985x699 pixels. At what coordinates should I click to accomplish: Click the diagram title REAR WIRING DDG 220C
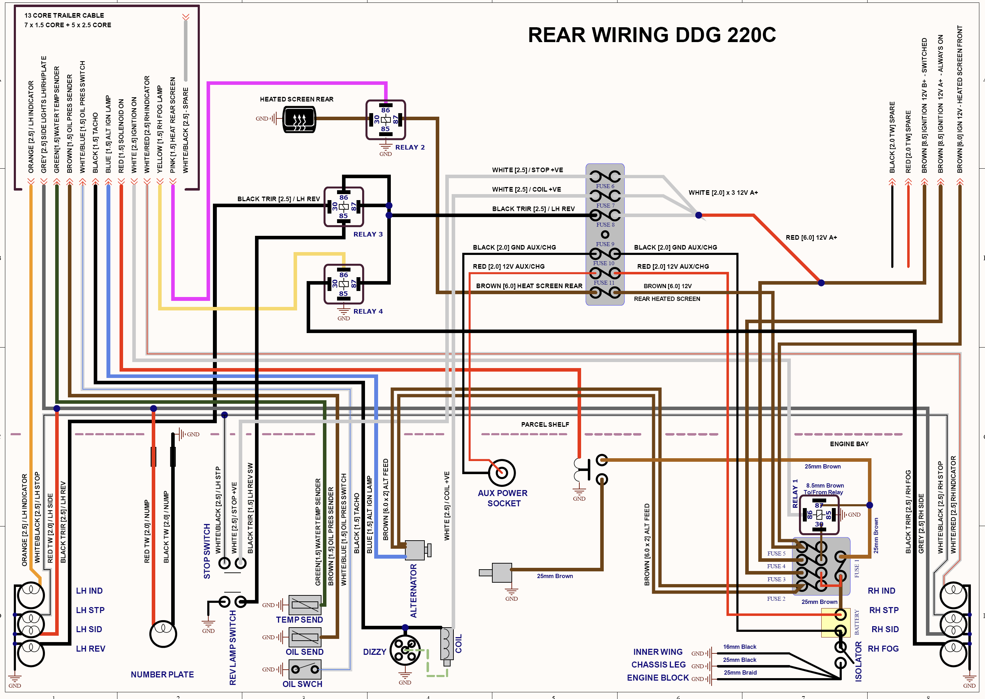[652, 35]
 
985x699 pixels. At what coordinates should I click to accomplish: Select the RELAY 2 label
[410, 147]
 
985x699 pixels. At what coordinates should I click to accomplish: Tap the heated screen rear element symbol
[299, 119]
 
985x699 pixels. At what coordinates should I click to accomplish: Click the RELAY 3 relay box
[343, 206]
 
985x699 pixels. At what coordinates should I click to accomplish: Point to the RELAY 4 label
[368, 311]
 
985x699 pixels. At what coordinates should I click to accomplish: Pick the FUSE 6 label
[605, 186]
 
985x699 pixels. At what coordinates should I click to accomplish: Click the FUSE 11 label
[604, 283]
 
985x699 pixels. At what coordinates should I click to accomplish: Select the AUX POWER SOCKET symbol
[502, 473]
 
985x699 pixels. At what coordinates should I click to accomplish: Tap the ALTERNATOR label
[414, 590]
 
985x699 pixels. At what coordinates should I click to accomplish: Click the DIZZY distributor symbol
[405, 650]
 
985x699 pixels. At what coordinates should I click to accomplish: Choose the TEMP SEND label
[299, 620]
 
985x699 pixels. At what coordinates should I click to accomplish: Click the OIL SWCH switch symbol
[305, 669]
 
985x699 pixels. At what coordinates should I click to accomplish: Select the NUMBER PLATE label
[162, 675]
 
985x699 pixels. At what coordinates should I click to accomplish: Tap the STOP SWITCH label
[207, 551]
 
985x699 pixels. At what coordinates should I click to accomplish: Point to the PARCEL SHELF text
[545, 424]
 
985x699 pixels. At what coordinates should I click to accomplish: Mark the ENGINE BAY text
[849, 444]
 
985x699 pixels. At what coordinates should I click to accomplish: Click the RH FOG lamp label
[883, 649]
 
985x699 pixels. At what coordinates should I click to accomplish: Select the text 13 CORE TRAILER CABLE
[64, 16]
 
